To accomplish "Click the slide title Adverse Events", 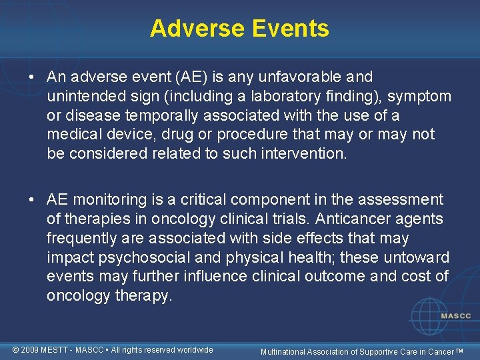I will pos(239,28).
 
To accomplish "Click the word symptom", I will pos(419,97).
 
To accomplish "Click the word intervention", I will pos(307,154).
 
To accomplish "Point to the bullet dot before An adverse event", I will pos(32,78).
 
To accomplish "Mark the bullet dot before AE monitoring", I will pos(32,200).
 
